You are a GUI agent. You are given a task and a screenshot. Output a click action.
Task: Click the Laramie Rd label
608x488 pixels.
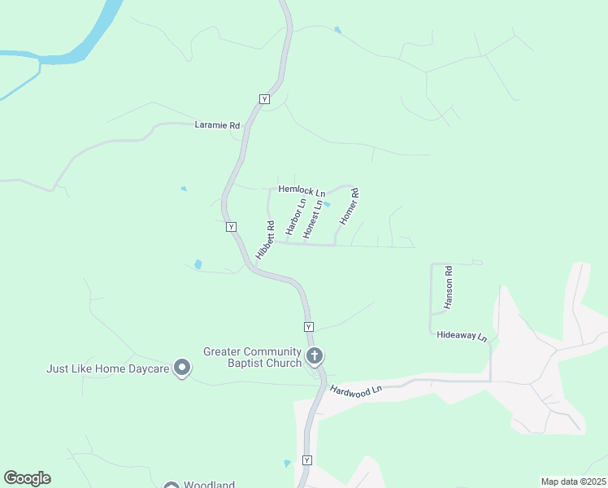coord(218,125)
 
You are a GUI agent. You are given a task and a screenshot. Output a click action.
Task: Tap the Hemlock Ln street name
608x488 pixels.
coord(302,190)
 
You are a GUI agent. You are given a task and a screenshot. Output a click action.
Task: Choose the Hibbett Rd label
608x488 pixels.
coord(265,242)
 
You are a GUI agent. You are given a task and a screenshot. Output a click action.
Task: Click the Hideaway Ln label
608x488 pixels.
coord(461,335)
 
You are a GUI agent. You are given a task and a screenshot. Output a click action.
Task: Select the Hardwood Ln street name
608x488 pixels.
coord(355,390)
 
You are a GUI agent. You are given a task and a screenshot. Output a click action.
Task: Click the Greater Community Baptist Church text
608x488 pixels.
coord(252,357)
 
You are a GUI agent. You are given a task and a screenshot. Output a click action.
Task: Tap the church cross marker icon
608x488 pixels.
coord(315,355)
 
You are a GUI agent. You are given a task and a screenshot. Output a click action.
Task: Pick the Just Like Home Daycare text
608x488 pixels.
coord(107,368)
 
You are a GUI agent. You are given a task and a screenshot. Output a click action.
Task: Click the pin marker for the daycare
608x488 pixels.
coord(183,368)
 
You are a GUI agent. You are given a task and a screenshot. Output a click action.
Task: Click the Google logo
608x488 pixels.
coord(27,478)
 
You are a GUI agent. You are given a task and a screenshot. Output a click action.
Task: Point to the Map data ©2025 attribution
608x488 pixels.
coord(573,481)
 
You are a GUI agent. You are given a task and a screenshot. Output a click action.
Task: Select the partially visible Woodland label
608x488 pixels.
coord(209,484)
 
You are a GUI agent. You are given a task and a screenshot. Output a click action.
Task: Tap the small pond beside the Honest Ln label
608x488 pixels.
coord(328,204)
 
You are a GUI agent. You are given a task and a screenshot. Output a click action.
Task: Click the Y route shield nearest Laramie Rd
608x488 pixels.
coord(264,98)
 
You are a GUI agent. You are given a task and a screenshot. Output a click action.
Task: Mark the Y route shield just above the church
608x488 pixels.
coord(308,326)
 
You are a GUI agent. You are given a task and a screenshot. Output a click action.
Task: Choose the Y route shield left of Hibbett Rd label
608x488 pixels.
coord(232,227)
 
